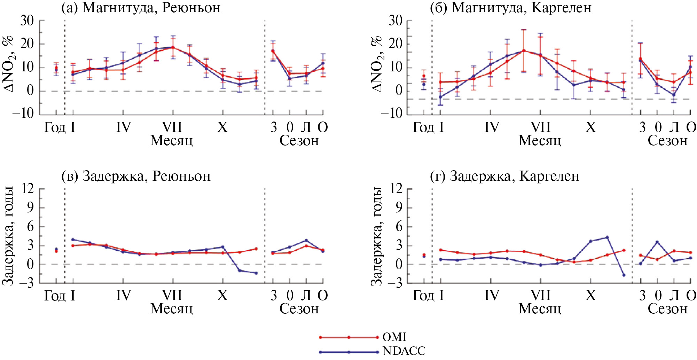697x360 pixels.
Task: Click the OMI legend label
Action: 394,337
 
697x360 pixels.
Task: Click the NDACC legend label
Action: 404,351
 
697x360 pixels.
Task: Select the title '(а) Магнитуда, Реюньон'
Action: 141,7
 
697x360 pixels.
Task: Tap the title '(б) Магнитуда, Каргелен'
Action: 510,7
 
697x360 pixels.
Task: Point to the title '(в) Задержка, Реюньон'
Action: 136,176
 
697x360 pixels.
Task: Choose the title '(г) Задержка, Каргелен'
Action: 504,176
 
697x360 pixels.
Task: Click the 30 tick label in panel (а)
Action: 27,21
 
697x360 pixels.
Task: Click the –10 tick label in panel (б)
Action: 392,114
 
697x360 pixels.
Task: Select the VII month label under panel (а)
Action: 172,127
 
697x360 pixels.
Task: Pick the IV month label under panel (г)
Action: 491,296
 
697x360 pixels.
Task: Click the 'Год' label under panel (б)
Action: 423,127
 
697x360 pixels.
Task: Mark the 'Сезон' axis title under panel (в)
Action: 299,309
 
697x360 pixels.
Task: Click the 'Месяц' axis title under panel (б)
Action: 540,141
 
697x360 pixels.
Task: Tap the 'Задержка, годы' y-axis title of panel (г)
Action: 376,236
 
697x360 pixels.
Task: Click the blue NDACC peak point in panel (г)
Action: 607,237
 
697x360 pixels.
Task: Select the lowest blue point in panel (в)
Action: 256,273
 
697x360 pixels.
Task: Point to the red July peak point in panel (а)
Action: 173,47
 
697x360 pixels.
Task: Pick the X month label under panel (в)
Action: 222,296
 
